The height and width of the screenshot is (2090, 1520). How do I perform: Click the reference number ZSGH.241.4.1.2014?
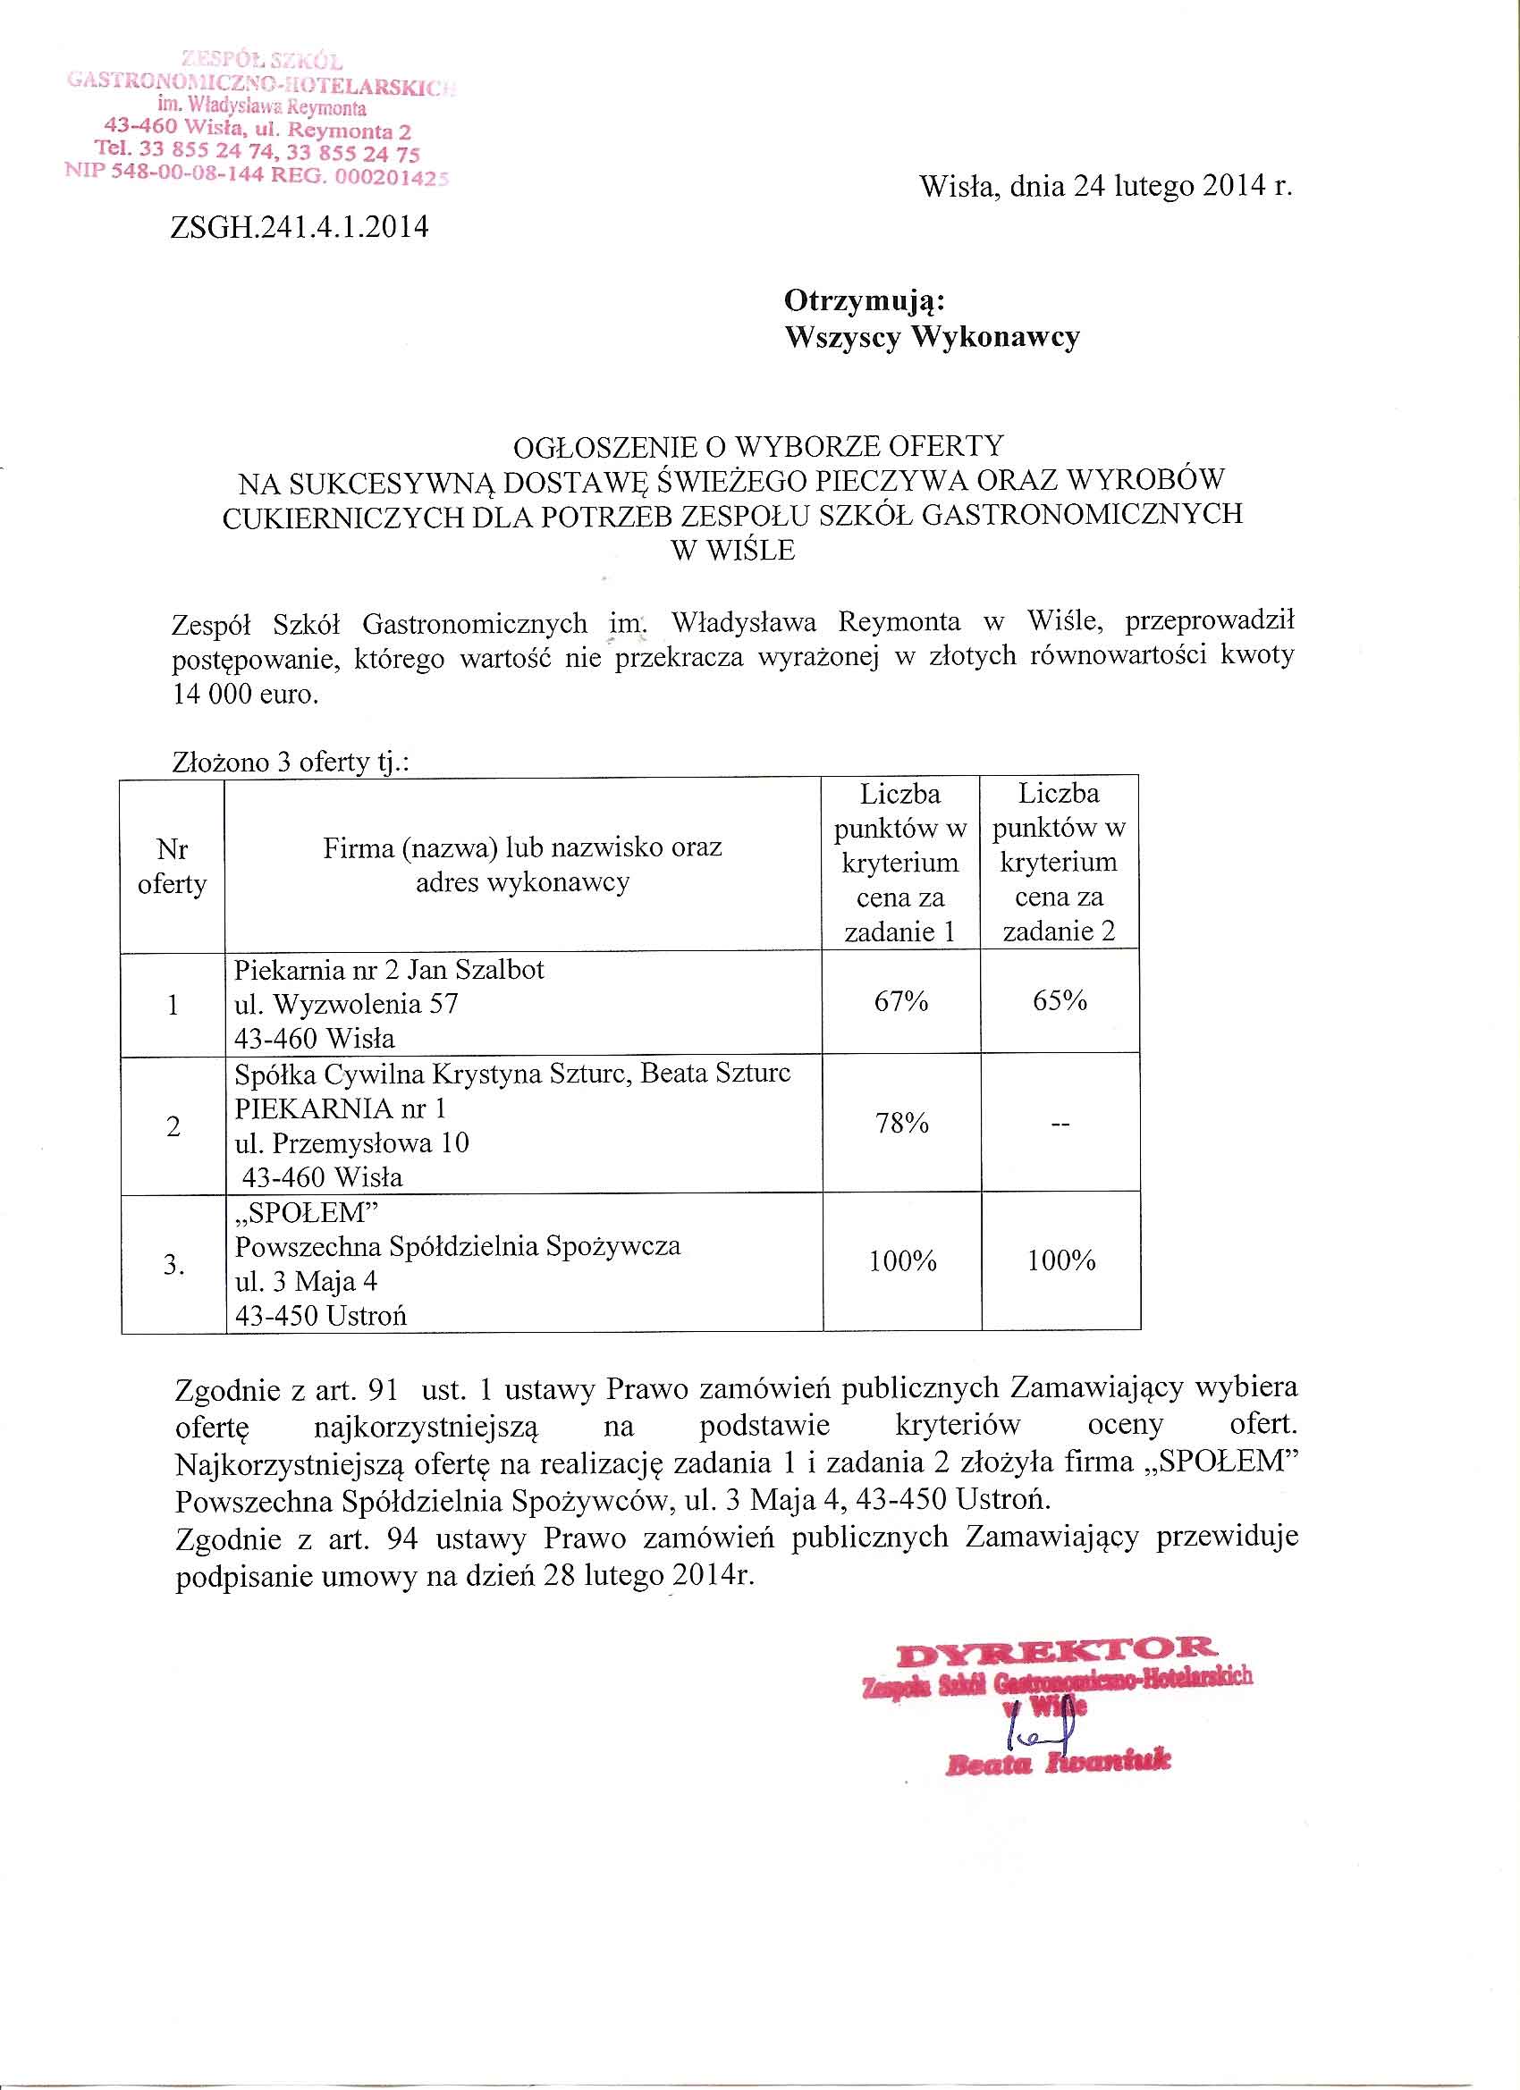300,227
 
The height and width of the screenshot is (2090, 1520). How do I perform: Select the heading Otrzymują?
864,300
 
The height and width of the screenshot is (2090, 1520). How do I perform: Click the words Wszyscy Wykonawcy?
931,337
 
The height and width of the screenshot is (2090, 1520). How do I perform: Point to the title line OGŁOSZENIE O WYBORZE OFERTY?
757,447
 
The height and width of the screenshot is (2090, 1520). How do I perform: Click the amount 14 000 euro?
245,694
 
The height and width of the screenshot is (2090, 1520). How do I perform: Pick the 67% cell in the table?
900,1001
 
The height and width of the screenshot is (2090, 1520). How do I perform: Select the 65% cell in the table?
1060,1001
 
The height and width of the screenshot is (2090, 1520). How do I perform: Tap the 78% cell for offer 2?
901,1124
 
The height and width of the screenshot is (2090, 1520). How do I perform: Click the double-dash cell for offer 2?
1060,1125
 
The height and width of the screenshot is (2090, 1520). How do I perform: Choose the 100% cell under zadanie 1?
902,1260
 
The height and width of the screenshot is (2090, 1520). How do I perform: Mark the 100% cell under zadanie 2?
1061,1260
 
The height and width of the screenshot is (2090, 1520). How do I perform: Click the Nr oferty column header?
173,866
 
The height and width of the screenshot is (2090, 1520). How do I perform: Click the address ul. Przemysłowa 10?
351,1143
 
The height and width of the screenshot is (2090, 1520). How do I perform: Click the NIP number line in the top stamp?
257,173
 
